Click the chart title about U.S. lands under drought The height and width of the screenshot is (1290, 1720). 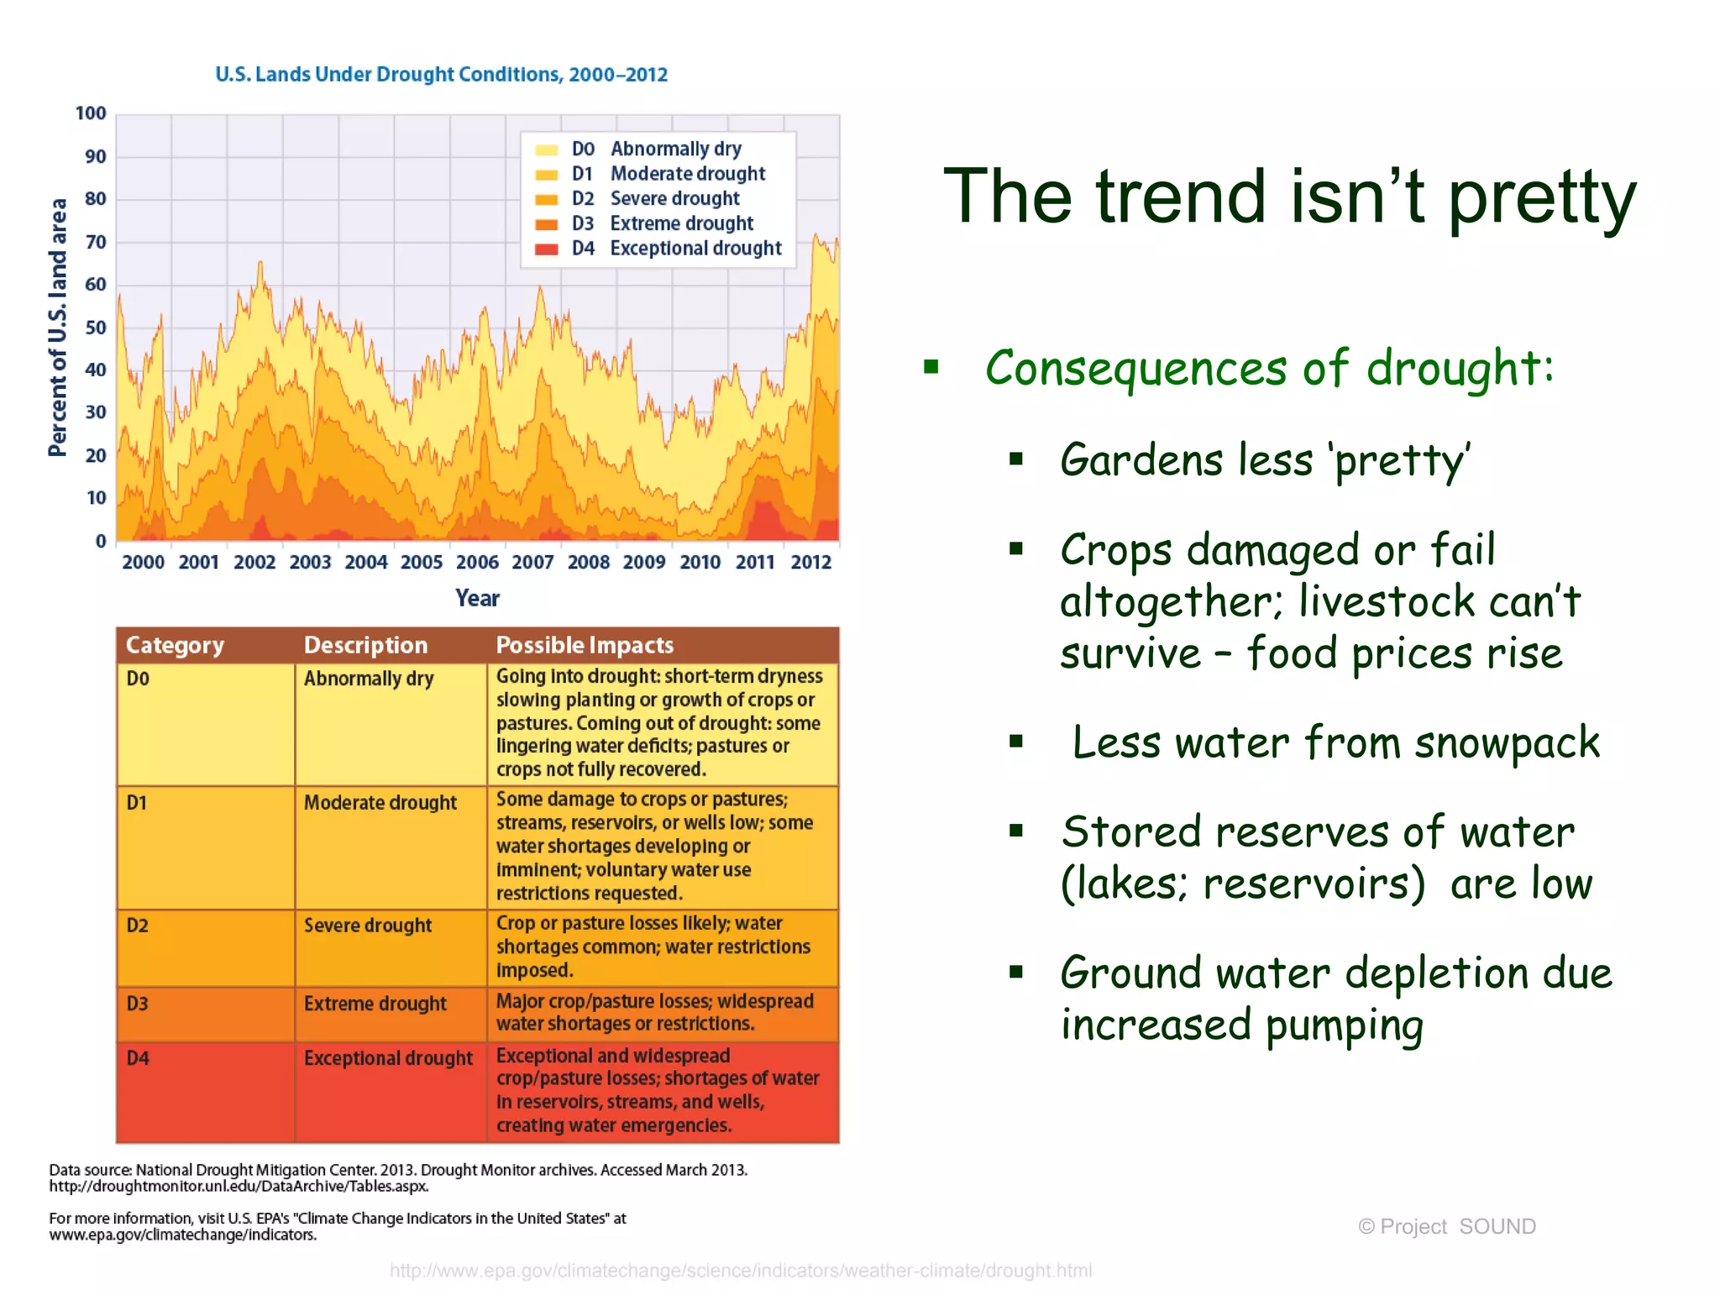click(x=441, y=75)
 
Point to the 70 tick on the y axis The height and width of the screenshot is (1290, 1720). click(x=95, y=242)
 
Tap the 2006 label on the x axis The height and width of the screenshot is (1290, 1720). click(x=477, y=562)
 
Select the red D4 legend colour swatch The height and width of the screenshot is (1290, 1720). click(x=547, y=249)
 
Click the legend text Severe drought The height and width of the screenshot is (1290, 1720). click(x=674, y=198)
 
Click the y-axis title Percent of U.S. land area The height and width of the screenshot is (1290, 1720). click(x=57, y=328)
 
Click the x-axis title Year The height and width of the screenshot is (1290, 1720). click(x=477, y=598)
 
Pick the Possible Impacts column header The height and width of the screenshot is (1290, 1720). click(x=585, y=645)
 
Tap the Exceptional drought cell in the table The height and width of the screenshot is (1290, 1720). click(x=388, y=1058)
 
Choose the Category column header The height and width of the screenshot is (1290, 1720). click(x=175, y=645)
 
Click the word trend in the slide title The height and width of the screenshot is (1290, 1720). click(x=1180, y=197)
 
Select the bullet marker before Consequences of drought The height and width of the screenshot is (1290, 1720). click(x=931, y=367)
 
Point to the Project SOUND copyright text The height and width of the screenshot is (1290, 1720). click(x=1446, y=1226)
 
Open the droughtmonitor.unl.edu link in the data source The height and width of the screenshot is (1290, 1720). click(x=239, y=1187)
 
